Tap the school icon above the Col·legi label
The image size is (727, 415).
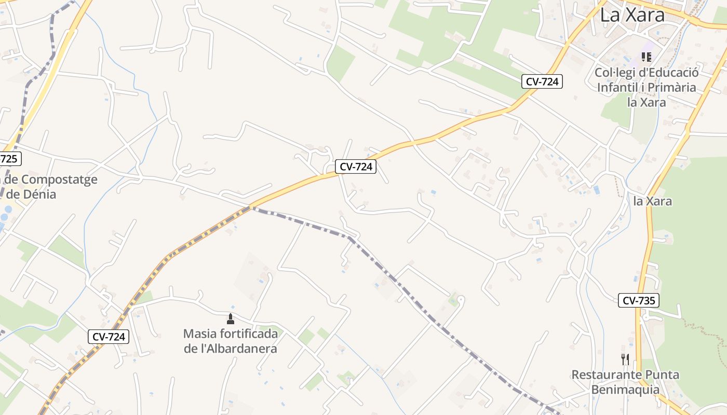646,57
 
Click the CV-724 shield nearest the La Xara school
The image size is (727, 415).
542,81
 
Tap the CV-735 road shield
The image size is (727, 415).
638,300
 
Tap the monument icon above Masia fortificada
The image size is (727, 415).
231,318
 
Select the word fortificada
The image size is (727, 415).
249,334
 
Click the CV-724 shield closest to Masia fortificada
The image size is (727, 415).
108,337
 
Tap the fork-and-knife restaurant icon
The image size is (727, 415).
625,359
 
